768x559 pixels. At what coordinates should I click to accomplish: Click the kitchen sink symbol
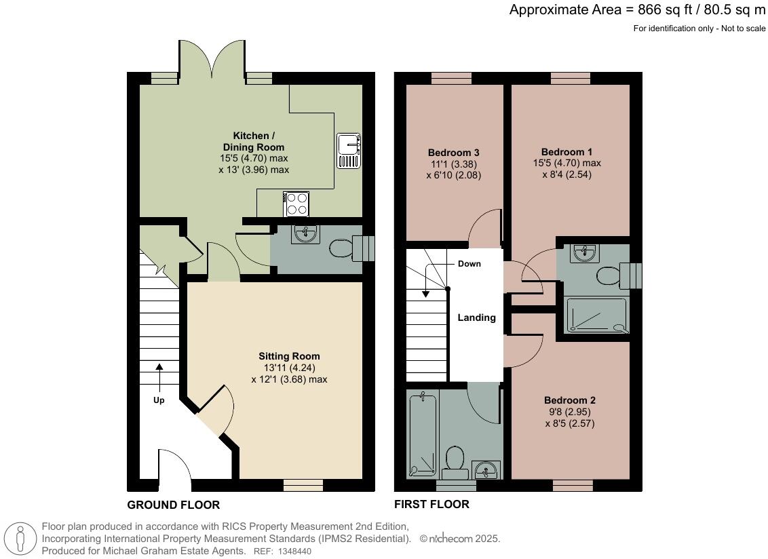(x=349, y=151)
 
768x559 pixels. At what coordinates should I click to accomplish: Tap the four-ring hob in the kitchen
(x=296, y=204)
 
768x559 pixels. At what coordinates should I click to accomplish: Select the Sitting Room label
(x=289, y=356)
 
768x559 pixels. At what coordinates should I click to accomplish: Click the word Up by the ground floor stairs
(x=159, y=400)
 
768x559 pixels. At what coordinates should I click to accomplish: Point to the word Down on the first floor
(x=469, y=264)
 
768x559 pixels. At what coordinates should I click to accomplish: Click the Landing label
(x=476, y=317)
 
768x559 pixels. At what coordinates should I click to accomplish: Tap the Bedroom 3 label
(x=454, y=153)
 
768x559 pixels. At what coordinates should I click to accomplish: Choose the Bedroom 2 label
(x=570, y=400)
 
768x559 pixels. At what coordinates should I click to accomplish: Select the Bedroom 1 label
(x=567, y=152)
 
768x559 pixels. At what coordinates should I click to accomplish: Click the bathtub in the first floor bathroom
(x=422, y=435)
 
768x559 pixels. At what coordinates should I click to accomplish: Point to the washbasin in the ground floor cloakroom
(x=305, y=234)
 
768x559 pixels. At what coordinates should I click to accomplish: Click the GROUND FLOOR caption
(x=174, y=505)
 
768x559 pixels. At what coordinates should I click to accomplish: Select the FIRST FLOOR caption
(x=431, y=504)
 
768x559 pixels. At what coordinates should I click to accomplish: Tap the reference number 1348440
(x=294, y=551)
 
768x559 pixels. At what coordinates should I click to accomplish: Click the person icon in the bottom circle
(x=20, y=539)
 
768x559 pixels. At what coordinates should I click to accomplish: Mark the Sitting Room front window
(x=303, y=485)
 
